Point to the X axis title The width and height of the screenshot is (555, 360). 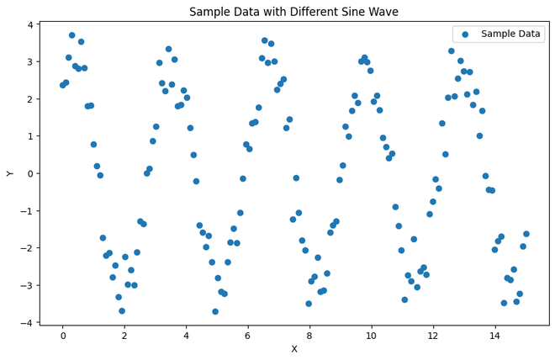tap(293, 348)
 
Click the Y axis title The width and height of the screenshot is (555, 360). tap(11, 173)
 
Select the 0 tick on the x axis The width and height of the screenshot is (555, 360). tap(62, 335)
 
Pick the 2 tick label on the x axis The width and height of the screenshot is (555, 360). tap(124, 335)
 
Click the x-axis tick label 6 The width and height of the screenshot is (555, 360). tap(247, 335)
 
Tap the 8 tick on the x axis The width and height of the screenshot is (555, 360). tap(309, 335)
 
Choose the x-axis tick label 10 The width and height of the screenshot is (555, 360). tap(371, 335)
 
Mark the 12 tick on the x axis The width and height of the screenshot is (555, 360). tap(433, 335)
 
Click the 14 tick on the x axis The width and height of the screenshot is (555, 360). tap(494, 335)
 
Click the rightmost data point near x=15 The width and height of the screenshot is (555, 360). tap(526, 234)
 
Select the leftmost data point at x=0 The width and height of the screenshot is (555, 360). tap(62, 85)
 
